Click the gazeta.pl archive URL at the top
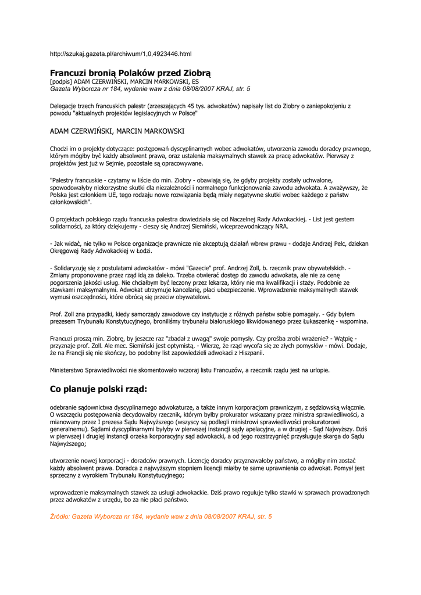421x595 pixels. [x=120, y=54]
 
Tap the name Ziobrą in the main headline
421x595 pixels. [x=196, y=73]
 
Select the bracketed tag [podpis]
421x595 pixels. [x=60, y=82]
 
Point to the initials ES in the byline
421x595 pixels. [x=195, y=82]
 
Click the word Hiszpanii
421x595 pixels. [x=248, y=353]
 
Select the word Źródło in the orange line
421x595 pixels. [x=59, y=516]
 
